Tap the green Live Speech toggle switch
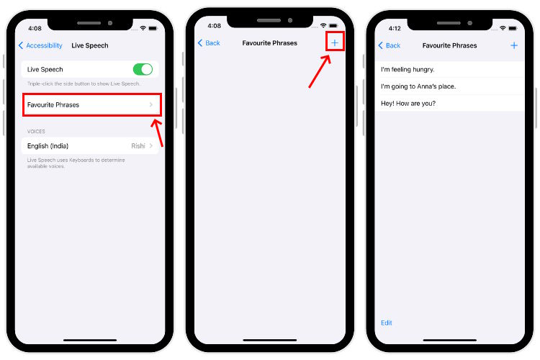(x=143, y=69)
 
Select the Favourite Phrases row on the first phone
(x=90, y=105)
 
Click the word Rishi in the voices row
(x=138, y=145)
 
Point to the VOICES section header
(x=36, y=132)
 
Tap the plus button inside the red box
(x=334, y=42)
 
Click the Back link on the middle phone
(x=209, y=43)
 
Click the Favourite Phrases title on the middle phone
(x=270, y=43)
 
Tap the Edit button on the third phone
(x=387, y=323)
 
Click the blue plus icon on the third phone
(x=514, y=45)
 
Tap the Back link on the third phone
(x=390, y=45)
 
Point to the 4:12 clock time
(x=394, y=28)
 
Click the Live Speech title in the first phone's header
(x=90, y=45)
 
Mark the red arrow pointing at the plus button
(x=320, y=70)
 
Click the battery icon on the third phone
(x=513, y=28)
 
